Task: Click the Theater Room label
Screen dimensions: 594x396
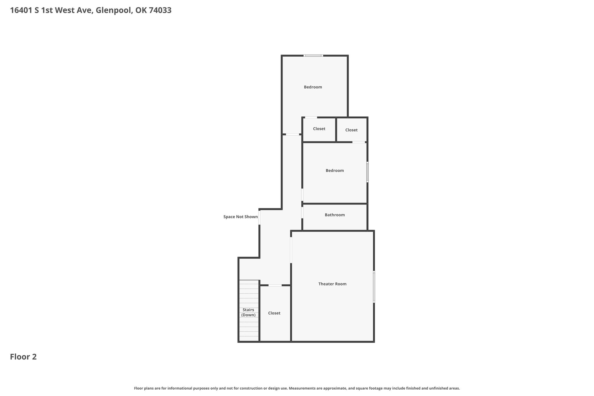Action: [x=332, y=284]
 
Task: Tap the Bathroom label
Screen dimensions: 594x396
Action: [x=335, y=215]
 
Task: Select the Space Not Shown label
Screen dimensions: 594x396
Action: [x=240, y=217]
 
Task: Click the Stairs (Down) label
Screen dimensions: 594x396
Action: [x=249, y=312]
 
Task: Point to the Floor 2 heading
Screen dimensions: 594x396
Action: [x=23, y=357]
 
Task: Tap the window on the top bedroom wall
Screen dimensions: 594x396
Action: [x=313, y=55]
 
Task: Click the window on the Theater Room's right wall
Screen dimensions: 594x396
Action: [x=374, y=287]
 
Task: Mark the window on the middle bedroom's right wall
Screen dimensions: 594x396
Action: [x=367, y=172]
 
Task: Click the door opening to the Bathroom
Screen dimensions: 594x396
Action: [x=302, y=212]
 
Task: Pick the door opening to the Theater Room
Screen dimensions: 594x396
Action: [x=291, y=250]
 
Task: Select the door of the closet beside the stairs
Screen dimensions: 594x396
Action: [x=275, y=285]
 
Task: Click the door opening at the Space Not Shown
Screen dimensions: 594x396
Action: [x=259, y=217]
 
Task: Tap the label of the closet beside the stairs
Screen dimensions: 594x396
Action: [x=274, y=313]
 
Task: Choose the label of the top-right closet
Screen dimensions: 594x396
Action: [x=351, y=130]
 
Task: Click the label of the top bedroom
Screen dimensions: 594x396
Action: [x=313, y=87]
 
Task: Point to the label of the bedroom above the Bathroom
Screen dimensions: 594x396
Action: [x=335, y=171]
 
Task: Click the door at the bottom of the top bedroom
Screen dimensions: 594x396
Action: [x=293, y=134]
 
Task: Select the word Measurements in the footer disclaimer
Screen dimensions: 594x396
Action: [x=302, y=388]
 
